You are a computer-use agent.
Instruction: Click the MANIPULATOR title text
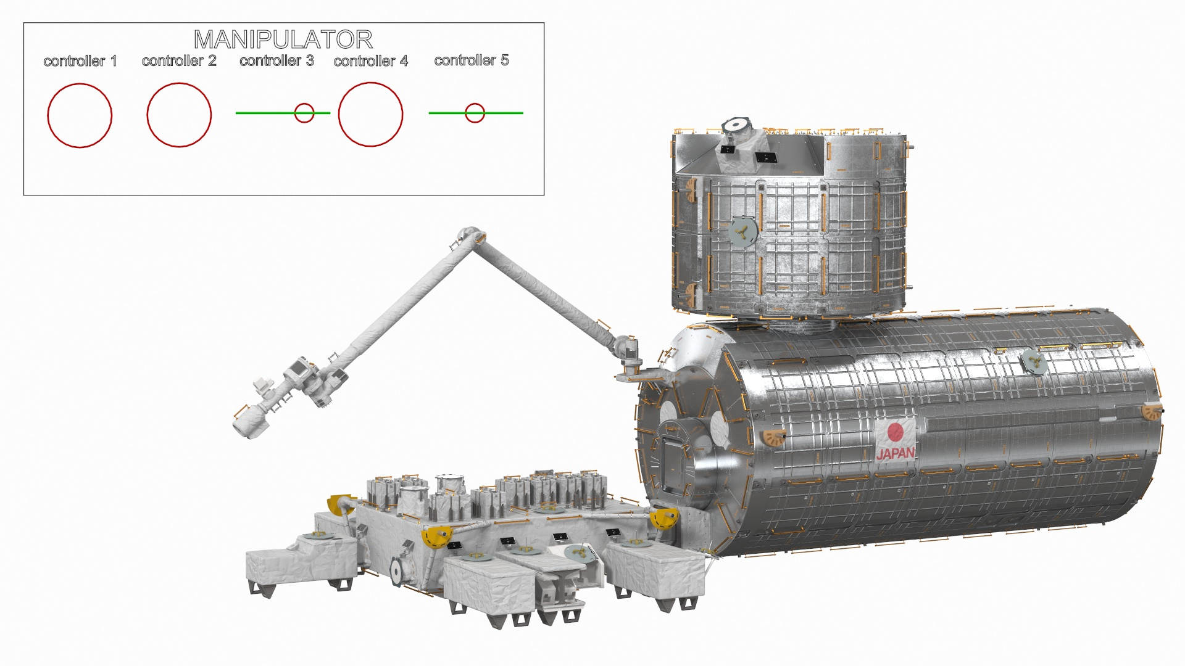point(283,40)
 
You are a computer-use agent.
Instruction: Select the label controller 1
point(80,61)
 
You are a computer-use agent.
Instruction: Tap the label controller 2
point(179,61)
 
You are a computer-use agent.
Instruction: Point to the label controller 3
point(276,61)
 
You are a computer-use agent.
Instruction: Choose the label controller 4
point(371,61)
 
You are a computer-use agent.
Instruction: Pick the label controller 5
point(472,60)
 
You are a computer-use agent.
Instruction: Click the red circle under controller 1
point(80,115)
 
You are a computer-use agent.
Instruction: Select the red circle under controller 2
point(179,115)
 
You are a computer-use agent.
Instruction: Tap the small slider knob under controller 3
point(304,113)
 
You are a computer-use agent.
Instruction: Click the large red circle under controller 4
point(370,115)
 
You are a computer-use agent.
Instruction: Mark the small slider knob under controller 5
point(475,113)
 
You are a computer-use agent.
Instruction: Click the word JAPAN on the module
point(896,454)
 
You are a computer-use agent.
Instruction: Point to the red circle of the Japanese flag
point(896,431)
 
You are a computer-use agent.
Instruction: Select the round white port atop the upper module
point(736,125)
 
